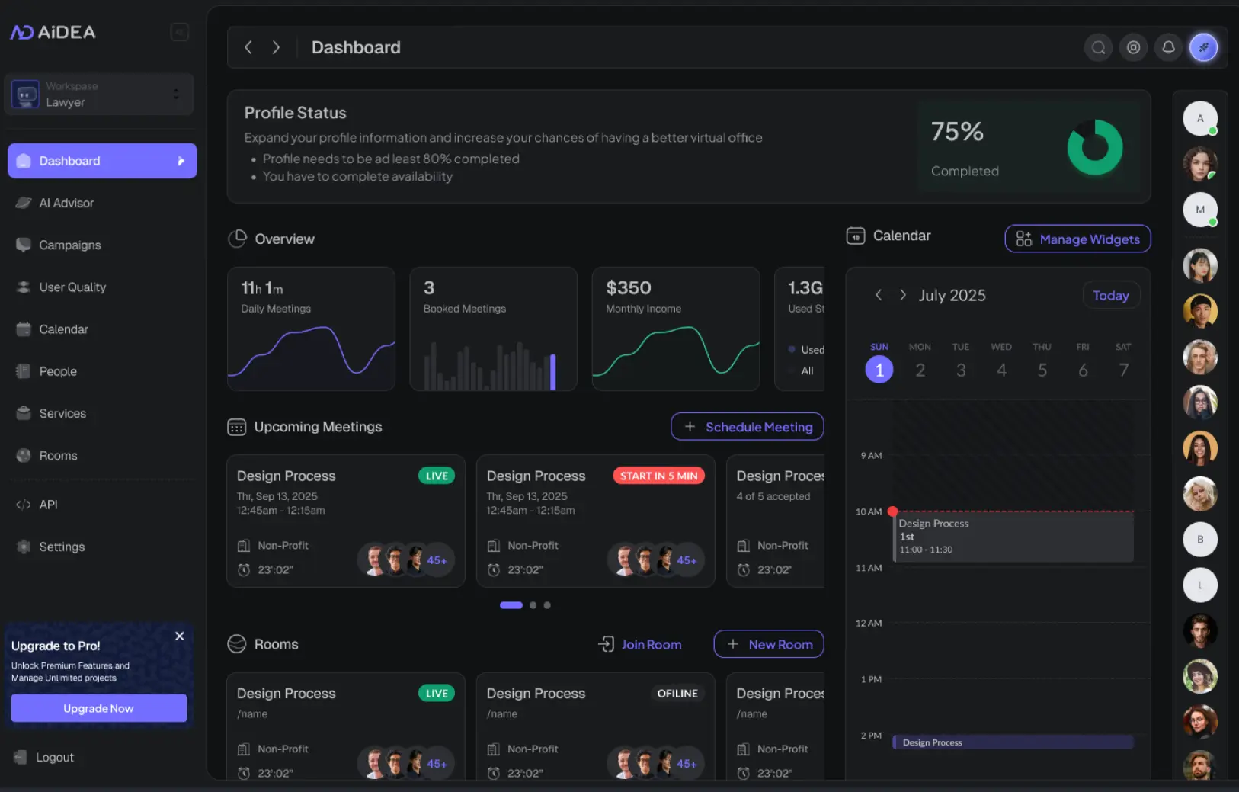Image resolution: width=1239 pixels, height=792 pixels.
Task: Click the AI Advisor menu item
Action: (x=66, y=203)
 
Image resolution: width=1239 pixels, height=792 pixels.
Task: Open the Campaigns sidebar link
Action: (x=69, y=245)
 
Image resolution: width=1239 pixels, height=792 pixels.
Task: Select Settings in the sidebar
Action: (x=62, y=547)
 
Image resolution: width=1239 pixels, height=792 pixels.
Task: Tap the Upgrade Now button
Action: (x=98, y=708)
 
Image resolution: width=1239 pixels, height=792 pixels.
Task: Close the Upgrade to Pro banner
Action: (x=180, y=636)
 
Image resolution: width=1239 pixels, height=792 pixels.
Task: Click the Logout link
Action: (x=54, y=757)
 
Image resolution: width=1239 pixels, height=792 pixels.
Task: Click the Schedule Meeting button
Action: (x=747, y=427)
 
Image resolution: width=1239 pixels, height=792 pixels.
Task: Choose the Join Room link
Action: (x=640, y=644)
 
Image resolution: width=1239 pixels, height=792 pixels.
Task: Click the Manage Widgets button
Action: (x=1077, y=239)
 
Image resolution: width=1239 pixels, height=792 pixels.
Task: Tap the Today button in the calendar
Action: (x=1110, y=295)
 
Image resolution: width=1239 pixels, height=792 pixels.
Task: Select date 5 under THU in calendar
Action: (x=1042, y=370)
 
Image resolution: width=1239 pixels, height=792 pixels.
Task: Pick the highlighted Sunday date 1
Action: (x=879, y=370)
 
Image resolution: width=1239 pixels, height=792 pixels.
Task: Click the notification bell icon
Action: (x=1168, y=47)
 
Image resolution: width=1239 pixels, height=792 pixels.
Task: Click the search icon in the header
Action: (x=1098, y=47)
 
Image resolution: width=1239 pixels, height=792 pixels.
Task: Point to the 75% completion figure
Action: (x=957, y=132)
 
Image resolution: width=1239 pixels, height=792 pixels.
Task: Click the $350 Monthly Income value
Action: (x=629, y=288)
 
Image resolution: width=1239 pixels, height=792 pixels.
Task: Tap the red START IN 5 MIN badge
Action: (x=658, y=476)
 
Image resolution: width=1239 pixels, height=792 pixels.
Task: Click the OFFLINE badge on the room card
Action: (x=677, y=694)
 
